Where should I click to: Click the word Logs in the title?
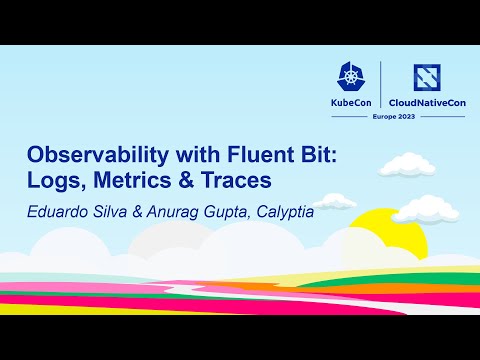(x=56, y=183)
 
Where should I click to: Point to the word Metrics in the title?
(x=137, y=183)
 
